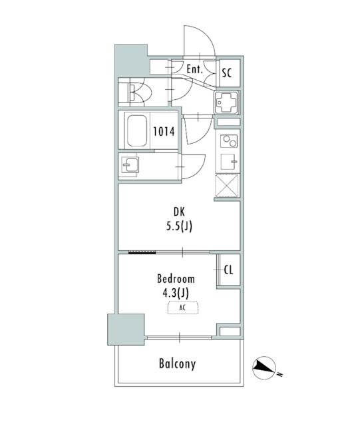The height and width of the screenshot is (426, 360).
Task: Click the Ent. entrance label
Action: (194, 69)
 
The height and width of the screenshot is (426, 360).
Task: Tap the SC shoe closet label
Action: (227, 73)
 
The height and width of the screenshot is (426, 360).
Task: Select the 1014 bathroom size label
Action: (164, 132)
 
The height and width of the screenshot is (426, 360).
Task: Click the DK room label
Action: (179, 212)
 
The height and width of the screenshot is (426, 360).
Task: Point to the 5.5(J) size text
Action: (179, 226)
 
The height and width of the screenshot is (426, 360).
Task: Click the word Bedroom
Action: (176, 279)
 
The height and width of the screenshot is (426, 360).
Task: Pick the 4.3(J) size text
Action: (176, 293)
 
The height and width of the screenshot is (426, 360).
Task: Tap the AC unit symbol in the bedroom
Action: (182, 308)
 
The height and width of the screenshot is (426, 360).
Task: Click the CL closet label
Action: (228, 270)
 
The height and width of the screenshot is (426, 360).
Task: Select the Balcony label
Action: (177, 364)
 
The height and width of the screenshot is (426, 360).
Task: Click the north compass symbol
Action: (265, 368)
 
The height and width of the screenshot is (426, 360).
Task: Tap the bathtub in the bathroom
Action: (137, 131)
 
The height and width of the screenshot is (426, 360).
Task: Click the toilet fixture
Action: (140, 93)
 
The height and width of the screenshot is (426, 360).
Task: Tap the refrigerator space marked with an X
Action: (227, 186)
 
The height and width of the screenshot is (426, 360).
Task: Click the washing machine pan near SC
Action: (227, 103)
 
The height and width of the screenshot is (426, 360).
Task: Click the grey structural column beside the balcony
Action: (126, 329)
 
